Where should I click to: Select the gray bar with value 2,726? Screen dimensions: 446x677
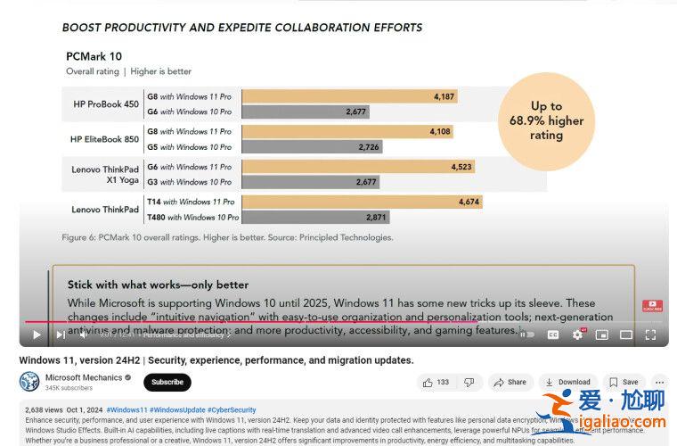pos(312,146)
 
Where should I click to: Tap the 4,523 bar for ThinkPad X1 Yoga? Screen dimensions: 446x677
pos(357,167)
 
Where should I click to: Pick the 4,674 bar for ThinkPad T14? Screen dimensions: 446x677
pos(362,202)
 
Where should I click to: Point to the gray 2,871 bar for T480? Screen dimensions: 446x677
pos(315,217)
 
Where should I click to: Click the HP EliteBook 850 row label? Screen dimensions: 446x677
pos(104,139)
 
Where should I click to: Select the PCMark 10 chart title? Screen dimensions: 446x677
pos(95,56)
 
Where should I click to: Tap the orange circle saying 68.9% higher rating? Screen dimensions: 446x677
pos(546,120)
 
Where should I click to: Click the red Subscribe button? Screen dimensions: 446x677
pos(167,382)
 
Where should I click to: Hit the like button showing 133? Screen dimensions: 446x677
pos(435,382)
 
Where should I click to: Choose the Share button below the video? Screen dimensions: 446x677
pos(510,382)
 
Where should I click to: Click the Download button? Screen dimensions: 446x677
pos(567,382)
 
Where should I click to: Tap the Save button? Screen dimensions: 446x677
pos(624,382)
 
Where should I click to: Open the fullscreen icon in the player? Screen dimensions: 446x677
pos(651,334)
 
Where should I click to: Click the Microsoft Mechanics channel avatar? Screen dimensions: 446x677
pos(29,382)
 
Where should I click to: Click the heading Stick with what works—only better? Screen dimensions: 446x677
pos(158,285)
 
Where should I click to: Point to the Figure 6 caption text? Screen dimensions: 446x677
pos(227,237)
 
